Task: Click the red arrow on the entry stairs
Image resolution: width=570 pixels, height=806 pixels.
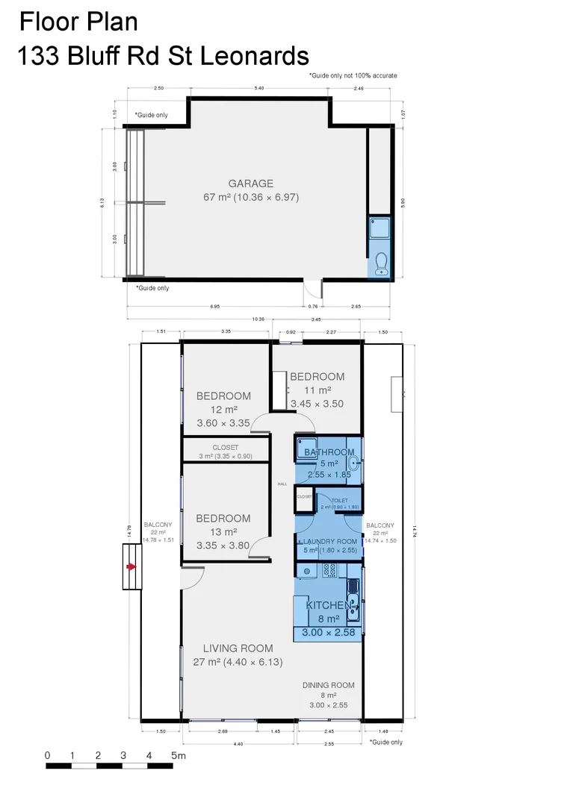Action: pyautogui.click(x=131, y=567)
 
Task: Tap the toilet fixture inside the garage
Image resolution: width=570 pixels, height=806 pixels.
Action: pyautogui.click(x=380, y=263)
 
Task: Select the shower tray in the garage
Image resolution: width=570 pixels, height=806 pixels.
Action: pyautogui.click(x=380, y=229)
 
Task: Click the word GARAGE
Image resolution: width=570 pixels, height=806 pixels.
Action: pyautogui.click(x=250, y=184)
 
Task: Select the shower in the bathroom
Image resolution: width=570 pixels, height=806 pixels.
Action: pyautogui.click(x=306, y=449)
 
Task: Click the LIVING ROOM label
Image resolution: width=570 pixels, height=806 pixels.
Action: pyautogui.click(x=238, y=648)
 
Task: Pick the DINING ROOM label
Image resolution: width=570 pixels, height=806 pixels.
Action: pyautogui.click(x=328, y=685)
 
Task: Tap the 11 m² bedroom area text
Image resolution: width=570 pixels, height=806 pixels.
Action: pyautogui.click(x=317, y=390)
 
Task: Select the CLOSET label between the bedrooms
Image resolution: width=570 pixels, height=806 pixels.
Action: pyautogui.click(x=226, y=448)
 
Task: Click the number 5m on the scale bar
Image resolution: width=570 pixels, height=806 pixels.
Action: pyautogui.click(x=178, y=756)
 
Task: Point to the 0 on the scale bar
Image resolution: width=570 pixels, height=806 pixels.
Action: pyautogui.click(x=47, y=756)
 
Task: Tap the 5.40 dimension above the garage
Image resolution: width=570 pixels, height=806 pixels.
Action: pyautogui.click(x=259, y=89)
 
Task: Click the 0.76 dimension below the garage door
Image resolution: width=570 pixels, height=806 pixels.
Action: pyautogui.click(x=314, y=306)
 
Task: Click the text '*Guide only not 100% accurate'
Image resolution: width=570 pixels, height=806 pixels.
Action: pyautogui.click(x=353, y=75)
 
